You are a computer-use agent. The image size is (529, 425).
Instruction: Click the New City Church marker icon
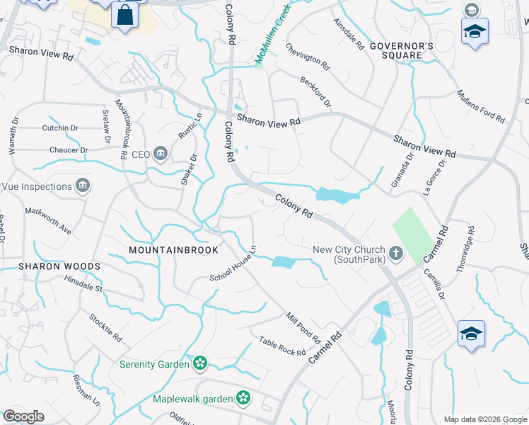pyautogui.click(x=396, y=252)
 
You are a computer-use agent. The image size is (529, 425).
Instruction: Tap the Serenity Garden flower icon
pyautogui.click(x=201, y=364)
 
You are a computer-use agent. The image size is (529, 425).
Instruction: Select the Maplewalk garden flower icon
pyautogui.click(x=243, y=399)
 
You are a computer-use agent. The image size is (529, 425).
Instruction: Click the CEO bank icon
pyautogui.click(x=161, y=154)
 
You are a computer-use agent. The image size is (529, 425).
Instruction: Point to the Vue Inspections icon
pyautogui.click(x=83, y=186)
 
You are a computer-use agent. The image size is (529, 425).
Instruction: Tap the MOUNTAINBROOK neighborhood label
pyautogui.click(x=173, y=250)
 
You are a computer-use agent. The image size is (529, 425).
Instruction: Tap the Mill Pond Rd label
pyautogui.click(x=303, y=326)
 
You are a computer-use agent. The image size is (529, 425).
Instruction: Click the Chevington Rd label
pyautogui.click(x=308, y=56)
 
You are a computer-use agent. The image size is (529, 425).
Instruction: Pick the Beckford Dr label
pyautogui.click(x=315, y=93)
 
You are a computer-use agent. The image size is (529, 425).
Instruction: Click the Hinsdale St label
pyautogui.click(x=83, y=288)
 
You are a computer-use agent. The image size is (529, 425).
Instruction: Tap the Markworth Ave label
pyautogui.click(x=48, y=220)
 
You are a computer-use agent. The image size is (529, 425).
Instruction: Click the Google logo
pyautogui.click(x=24, y=416)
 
